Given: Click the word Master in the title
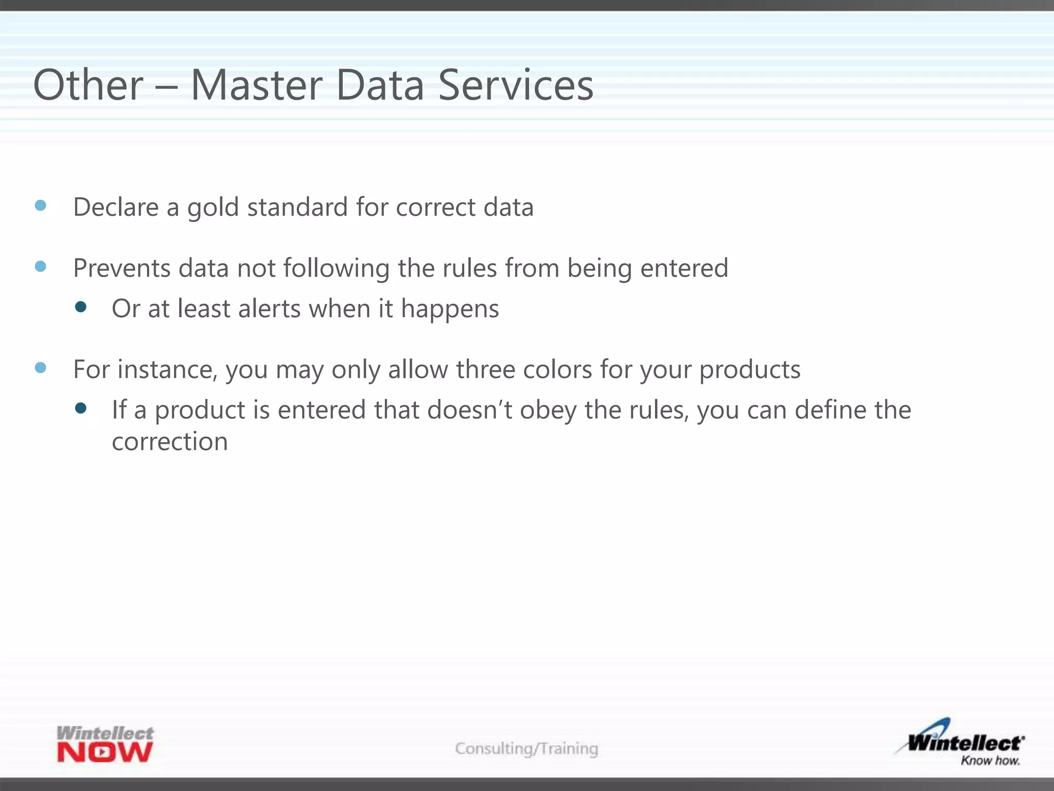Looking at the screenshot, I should click(x=257, y=85).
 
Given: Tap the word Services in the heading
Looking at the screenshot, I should click(x=516, y=85).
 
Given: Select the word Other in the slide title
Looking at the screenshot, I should click(x=88, y=85).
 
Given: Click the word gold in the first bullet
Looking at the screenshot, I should click(x=213, y=208).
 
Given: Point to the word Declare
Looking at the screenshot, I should click(x=116, y=207).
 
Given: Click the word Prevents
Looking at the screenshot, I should click(x=121, y=268).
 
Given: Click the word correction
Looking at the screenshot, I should click(x=170, y=442).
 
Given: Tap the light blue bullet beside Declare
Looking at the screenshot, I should click(x=41, y=205).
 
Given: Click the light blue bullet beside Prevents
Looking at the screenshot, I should click(x=41, y=266).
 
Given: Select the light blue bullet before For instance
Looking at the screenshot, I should click(x=41, y=368).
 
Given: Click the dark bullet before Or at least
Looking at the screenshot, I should click(x=80, y=307).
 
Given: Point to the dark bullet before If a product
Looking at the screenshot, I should click(x=80, y=408).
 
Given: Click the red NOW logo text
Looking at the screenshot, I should click(x=105, y=752).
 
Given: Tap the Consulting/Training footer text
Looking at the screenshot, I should click(x=526, y=748).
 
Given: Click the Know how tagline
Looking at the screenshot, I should click(x=990, y=761).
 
